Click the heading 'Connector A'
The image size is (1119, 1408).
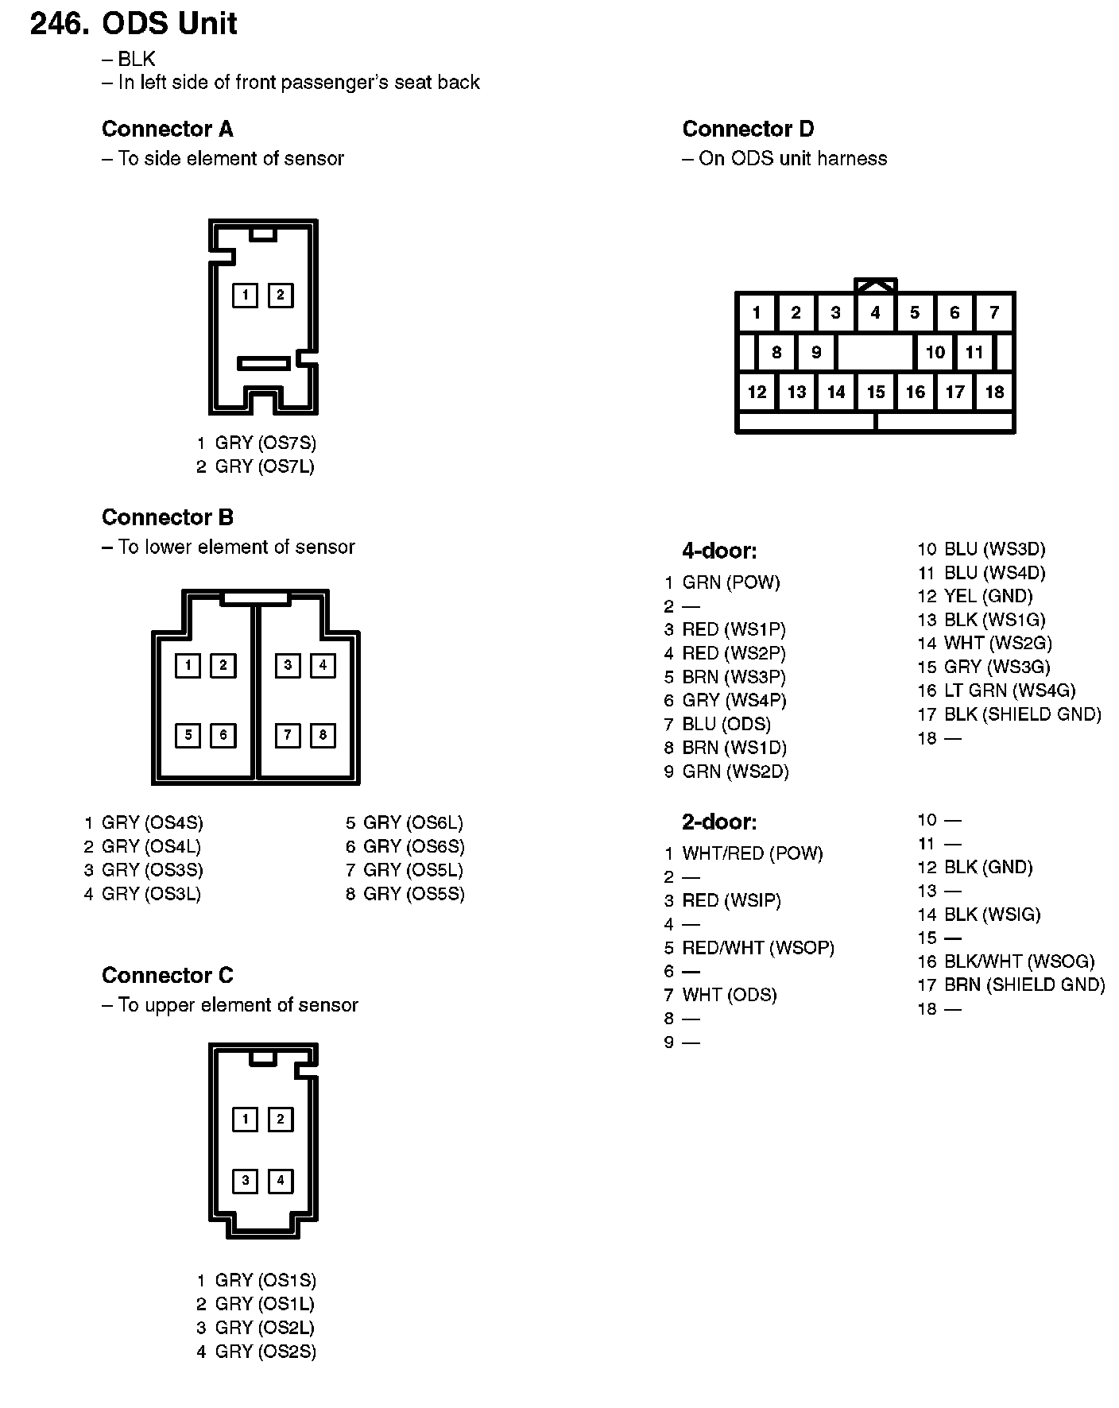[167, 129]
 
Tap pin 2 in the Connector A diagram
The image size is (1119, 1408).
[280, 296]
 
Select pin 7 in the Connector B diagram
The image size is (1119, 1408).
[288, 735]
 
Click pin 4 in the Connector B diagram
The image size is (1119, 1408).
[323, 665]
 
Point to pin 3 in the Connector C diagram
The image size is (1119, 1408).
[245, 1181]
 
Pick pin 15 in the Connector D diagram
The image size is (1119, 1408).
[876, 392]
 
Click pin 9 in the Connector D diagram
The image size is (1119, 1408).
[816, 352]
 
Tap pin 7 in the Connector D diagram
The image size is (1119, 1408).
[994, 312]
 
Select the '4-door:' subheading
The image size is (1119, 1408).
[719, 550]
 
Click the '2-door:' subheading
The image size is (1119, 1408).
[719, 821]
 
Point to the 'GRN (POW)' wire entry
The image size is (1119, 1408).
[731, 582]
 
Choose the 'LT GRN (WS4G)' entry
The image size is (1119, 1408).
[1009, 690]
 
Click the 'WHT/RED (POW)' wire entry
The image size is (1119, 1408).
[753, 853]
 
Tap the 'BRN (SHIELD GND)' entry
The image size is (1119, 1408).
[1024, 985]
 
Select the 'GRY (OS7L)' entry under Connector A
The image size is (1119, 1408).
[265, 466]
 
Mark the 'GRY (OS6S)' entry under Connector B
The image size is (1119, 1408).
[414, 846]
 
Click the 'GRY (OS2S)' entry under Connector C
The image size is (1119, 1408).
[265, 1352]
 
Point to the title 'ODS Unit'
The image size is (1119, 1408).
[169, 24]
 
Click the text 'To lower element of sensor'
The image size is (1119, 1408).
[236, 547]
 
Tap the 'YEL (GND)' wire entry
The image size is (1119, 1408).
[988, 596]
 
